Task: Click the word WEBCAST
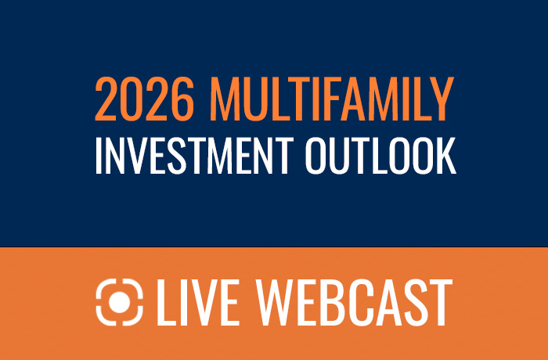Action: [355, 303]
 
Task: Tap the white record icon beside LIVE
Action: [120, 302]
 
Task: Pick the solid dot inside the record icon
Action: [120, 302]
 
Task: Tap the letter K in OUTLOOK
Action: [445, 156]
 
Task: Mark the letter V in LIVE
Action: [207, 303]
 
